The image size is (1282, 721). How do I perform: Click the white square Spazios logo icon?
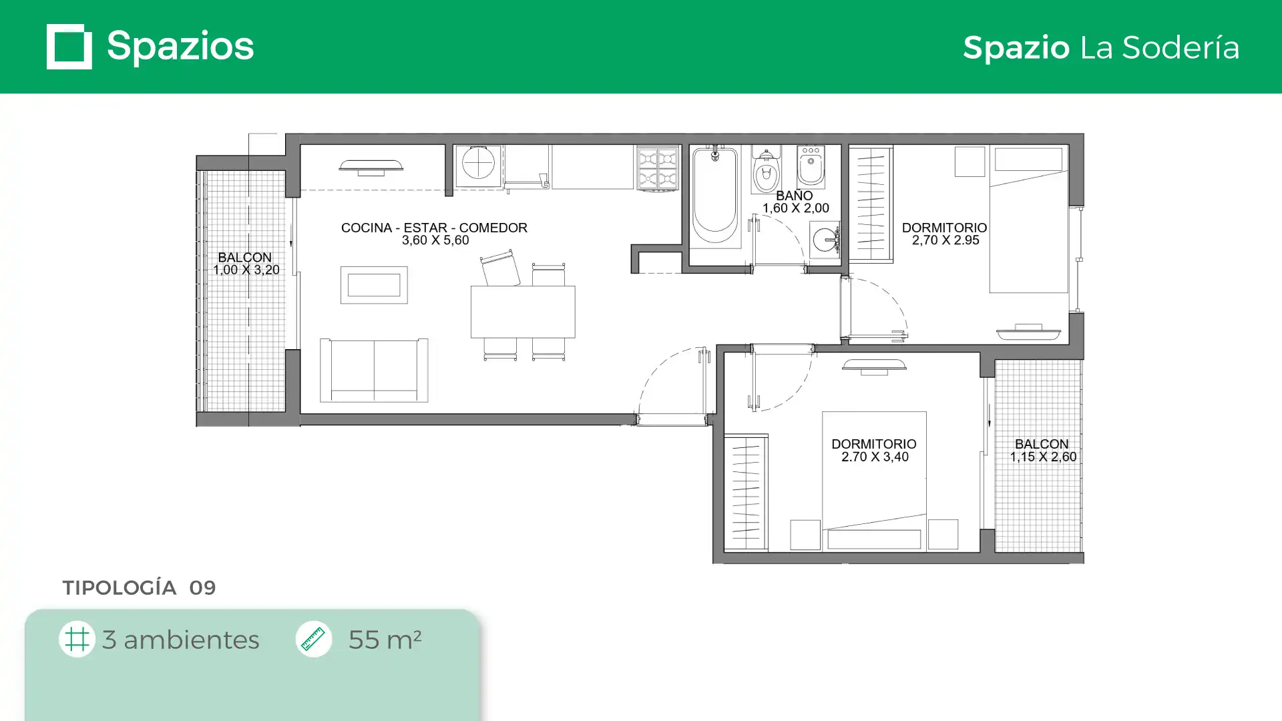pyautogui.click(x=69, y=47)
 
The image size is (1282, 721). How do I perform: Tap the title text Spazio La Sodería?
pyautogui.click(x=1101, y=47)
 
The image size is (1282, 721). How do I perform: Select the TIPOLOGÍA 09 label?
pyautogui.click(x=139, y=587)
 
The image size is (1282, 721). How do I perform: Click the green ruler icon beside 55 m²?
pyautogui.click(x=314, y=639)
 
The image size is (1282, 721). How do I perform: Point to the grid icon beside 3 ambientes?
pyautogui.click(x=77, y=639)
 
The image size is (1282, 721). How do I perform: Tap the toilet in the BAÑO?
pyautogui.click(x=767, y=172)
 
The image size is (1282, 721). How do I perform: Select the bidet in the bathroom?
pyautogui.click(x=811, y=167)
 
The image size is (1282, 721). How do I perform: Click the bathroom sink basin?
pyautogui.click(x=825, y=239)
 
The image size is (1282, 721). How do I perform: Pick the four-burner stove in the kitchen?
pyautogui.click(x=658, y=167)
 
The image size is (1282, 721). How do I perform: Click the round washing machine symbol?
pyautogui.click(x=479, y=163)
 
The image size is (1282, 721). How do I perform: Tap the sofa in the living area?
pyautogui.click(x=374, y=371)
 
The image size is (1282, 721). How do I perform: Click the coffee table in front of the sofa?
pyautogui.click(x=374, y=285)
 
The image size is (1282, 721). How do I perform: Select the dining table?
pyautogui.click(x=523, y=312)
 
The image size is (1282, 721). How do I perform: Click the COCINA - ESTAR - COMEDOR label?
pyautogui.click(x=434, y=228)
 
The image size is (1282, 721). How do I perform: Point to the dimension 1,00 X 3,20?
pyautogui.click(x=246, y=270)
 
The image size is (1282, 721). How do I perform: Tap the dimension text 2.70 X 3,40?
pyautogui.click(x=875, y=457)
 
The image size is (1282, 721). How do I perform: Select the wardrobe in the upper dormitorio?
pyautogui.click(x=871, y=204)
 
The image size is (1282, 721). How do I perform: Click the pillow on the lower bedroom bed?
pyautogui.click(x=874, y=539)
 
